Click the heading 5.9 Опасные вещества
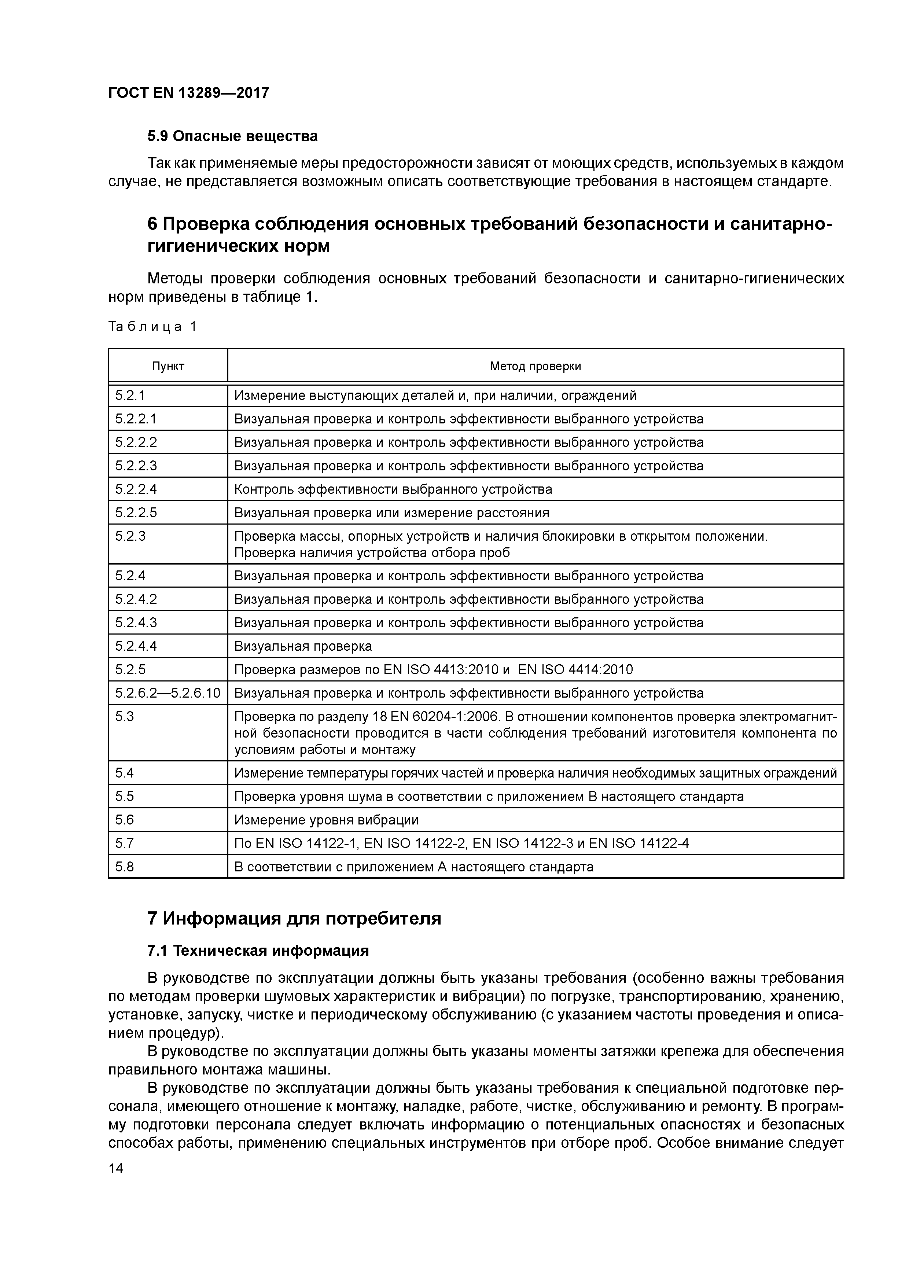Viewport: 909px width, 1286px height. point(232,136)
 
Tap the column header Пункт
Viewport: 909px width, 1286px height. point(168,366)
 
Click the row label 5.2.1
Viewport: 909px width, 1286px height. point(130,396)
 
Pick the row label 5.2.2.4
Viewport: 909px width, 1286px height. point(136,489)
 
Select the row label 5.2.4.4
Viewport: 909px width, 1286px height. point(136,646)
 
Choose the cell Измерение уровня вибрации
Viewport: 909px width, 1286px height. point(326,820)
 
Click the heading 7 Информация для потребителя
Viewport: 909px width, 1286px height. point(294,919)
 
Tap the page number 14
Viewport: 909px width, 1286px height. point(116,1168)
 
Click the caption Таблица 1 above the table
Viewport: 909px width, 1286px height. point(152,327)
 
